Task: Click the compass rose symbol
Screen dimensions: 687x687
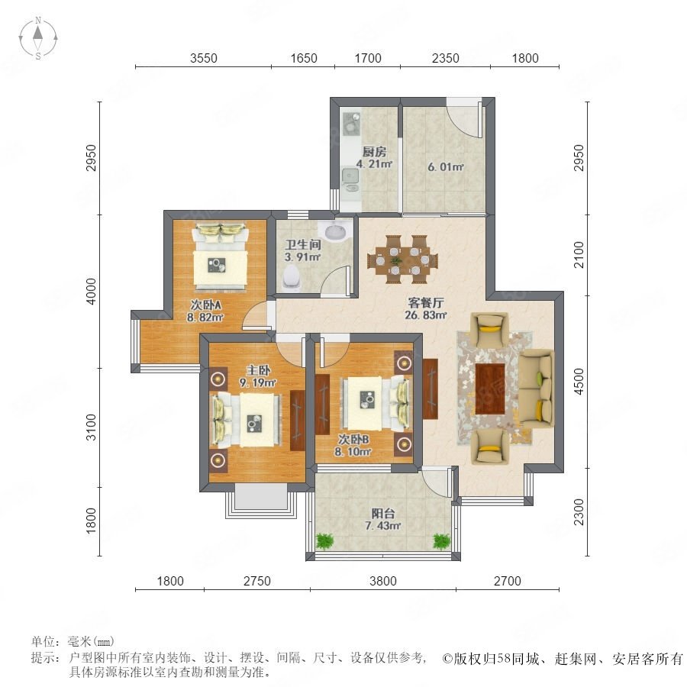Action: [x=38, y=38]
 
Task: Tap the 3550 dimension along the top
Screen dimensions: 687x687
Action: [x=203, y=58]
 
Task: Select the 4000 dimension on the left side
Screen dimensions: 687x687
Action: [x=91, y=291]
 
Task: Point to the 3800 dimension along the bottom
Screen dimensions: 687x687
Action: [x=383, y=581]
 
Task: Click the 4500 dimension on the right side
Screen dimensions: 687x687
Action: [x=579, y=382]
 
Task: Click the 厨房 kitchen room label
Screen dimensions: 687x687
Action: [x=374, y=152]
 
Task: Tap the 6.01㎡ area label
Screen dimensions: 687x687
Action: [x=445, y=167]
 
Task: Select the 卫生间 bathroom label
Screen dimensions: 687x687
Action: [x=303, y=244]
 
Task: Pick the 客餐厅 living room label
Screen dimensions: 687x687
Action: [x=426, y=302]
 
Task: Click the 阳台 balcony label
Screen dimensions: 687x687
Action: [x=383, y=513]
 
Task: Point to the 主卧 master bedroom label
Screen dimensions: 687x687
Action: [x=258, y=370]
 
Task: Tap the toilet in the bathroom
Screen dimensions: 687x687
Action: [x=292, y=277]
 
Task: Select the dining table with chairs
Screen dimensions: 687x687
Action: [x=402, y=260]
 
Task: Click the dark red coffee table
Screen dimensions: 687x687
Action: [x=490, y=389]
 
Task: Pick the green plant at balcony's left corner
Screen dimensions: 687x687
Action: [x=324, y=541]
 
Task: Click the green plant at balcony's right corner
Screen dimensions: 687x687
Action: [x=442, y=541]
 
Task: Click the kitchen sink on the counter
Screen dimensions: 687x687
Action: [x=350, y=176]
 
